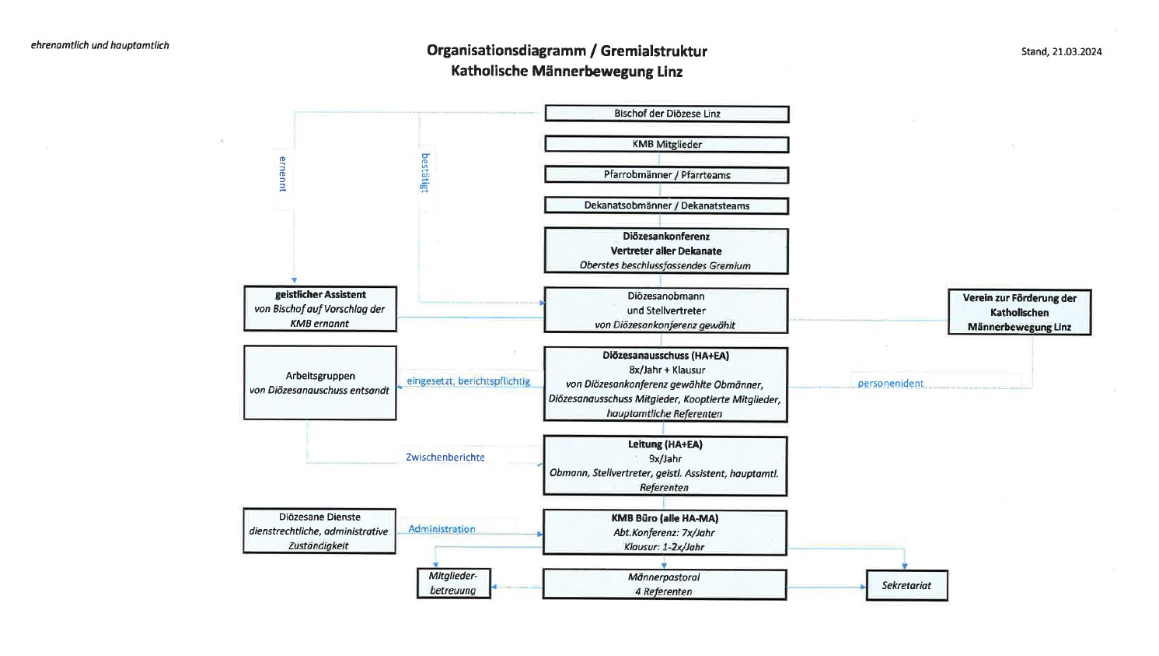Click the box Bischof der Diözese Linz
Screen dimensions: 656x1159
(x=667, y=114)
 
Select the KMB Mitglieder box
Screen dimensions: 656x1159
(x=667, y=145)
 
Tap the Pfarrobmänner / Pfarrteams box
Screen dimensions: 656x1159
(x=667, y=175)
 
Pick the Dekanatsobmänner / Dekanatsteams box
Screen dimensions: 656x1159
(x=667, y=205)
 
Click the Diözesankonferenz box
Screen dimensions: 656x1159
(x=666, y=251)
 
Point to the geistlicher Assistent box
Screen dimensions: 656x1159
(x=320, y=309)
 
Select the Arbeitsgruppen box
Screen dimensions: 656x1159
(x=319, y=383)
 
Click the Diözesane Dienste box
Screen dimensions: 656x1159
(x=319, y=531)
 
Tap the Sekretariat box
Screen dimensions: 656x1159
(x=906, y=585)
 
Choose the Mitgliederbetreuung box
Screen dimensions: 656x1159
(x=453, y=583)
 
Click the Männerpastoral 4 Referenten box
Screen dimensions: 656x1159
(x=664, y=584)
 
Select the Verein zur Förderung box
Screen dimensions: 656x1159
(x=1019, y=312)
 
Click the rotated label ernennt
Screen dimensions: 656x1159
(x=283, y=174)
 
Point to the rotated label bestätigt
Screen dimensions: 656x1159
(x=425, y=172)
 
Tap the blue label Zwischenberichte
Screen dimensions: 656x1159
(x=445, y=458)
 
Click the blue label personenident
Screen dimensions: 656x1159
(x=891, y=384)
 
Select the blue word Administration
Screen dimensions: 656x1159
(x=442, y=529)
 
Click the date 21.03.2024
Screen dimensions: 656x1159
(x=1077, y=52)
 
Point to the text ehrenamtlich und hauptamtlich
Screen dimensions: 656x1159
(x=100, y=45)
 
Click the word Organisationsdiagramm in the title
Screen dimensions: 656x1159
(x=506, y=51)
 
